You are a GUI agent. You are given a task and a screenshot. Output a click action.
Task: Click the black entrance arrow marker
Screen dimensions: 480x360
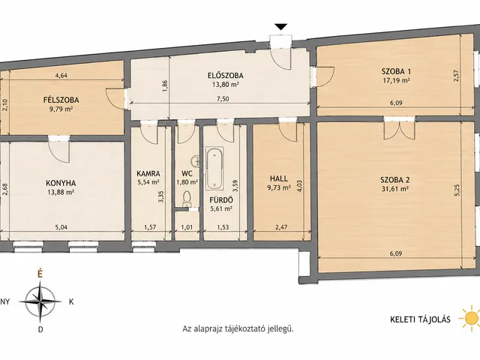point(281,27)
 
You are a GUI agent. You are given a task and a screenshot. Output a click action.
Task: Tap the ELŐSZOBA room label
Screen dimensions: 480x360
point(225,75)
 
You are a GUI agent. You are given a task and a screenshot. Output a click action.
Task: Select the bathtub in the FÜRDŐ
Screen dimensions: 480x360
point(214,168)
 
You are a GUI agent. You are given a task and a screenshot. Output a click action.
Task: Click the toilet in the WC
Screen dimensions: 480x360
point(186,198)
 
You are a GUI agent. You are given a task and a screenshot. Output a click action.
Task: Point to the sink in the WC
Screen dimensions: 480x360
point(195,160)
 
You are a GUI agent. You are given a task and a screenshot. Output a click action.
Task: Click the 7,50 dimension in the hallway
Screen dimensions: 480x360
point(223,98)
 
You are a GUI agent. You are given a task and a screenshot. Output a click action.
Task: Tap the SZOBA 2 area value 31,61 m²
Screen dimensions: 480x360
point(395,189)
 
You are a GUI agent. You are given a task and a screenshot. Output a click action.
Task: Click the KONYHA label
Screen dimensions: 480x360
point(61,183)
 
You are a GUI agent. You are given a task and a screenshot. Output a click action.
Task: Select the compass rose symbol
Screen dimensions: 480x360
point(40,301)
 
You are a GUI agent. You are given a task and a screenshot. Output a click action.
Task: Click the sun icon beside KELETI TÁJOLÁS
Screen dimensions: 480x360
point(471,318)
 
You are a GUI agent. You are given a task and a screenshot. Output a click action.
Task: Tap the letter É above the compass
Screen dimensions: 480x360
point(40,274)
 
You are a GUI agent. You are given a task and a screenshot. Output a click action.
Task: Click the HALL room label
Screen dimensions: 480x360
point(279,178)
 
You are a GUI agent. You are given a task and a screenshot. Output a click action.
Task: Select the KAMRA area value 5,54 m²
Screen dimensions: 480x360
point(148,182)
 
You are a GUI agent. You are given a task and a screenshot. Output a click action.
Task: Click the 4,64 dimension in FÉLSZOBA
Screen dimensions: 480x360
point(61,76)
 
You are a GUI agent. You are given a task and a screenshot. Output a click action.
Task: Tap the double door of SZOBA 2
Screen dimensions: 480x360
point(399,127)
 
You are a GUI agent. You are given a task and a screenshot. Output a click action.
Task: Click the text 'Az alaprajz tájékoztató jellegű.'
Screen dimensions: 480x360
point(238,329)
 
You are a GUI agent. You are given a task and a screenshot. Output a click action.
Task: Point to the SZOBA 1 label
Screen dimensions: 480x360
point(396,71)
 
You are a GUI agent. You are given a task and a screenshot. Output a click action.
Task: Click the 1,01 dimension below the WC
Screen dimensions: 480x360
point(187,227)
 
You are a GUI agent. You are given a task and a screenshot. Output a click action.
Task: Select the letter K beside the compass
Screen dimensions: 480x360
point(71,301)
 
